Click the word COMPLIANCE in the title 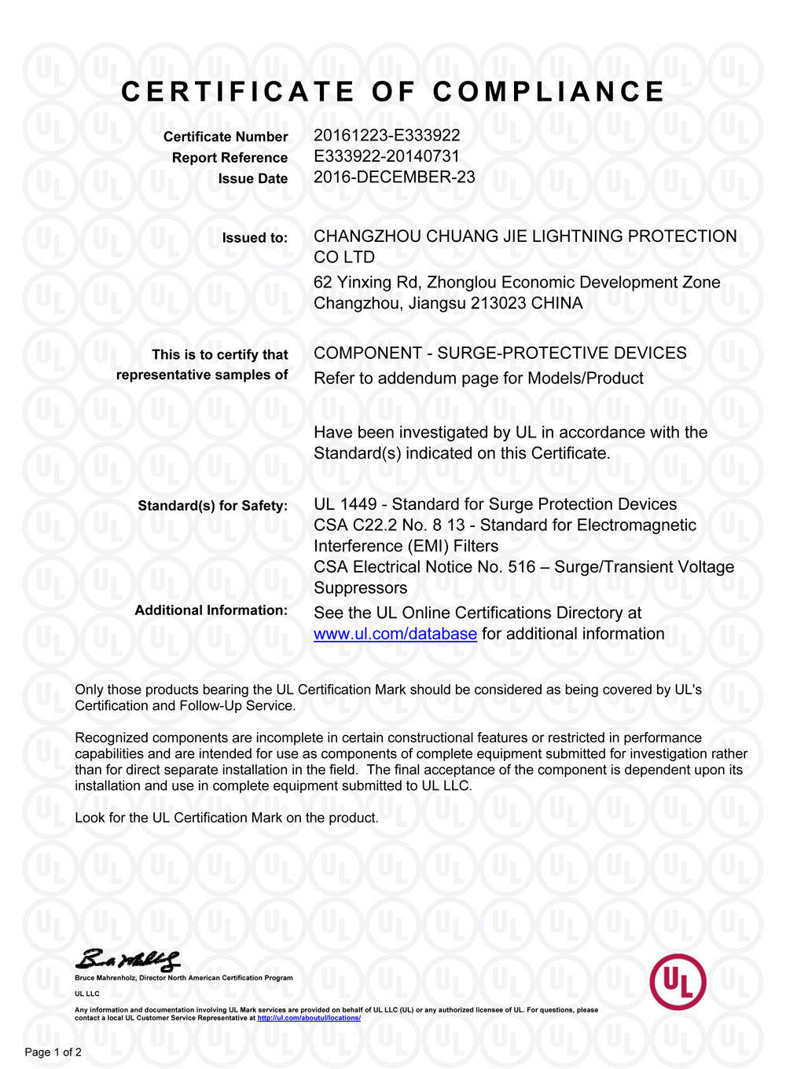pos(549,92)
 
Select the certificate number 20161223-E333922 pos(387,135)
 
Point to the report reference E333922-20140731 pos(387,156)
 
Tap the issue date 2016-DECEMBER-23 pos(395,177)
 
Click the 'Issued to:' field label pos(255,238)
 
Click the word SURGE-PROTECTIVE pos(512,353)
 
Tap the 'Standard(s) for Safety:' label pos(212,506)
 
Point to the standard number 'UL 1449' pos(345,504)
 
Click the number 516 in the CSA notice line pos(522,567)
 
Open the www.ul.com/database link pos(395,634)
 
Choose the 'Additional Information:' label pos(211,610)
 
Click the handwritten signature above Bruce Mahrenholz pos(127,960)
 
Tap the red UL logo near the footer pos(678,981)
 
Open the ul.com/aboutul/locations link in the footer pos(309,1018)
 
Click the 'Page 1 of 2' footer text pos(53,1052)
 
